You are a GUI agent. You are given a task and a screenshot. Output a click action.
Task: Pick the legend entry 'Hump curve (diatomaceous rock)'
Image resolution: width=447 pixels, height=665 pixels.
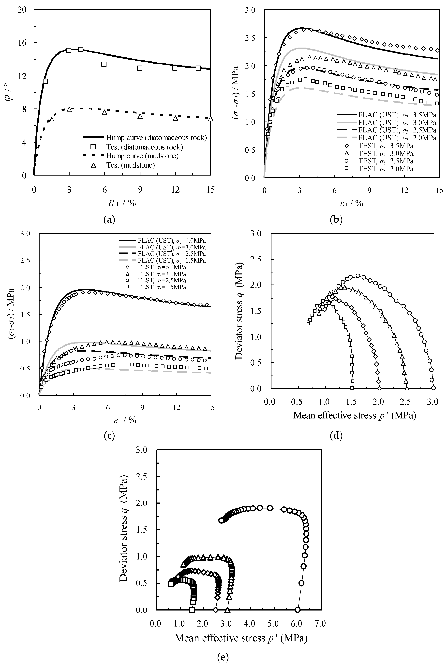tap(156, 138)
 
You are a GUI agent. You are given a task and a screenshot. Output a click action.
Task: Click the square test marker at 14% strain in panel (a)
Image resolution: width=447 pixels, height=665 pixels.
tap(198, 68)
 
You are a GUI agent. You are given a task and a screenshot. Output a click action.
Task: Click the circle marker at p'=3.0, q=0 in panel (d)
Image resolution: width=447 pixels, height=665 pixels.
tap(433, 388)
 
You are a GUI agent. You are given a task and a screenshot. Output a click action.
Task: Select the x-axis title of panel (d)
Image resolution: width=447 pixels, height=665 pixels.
tap(355, 415)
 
